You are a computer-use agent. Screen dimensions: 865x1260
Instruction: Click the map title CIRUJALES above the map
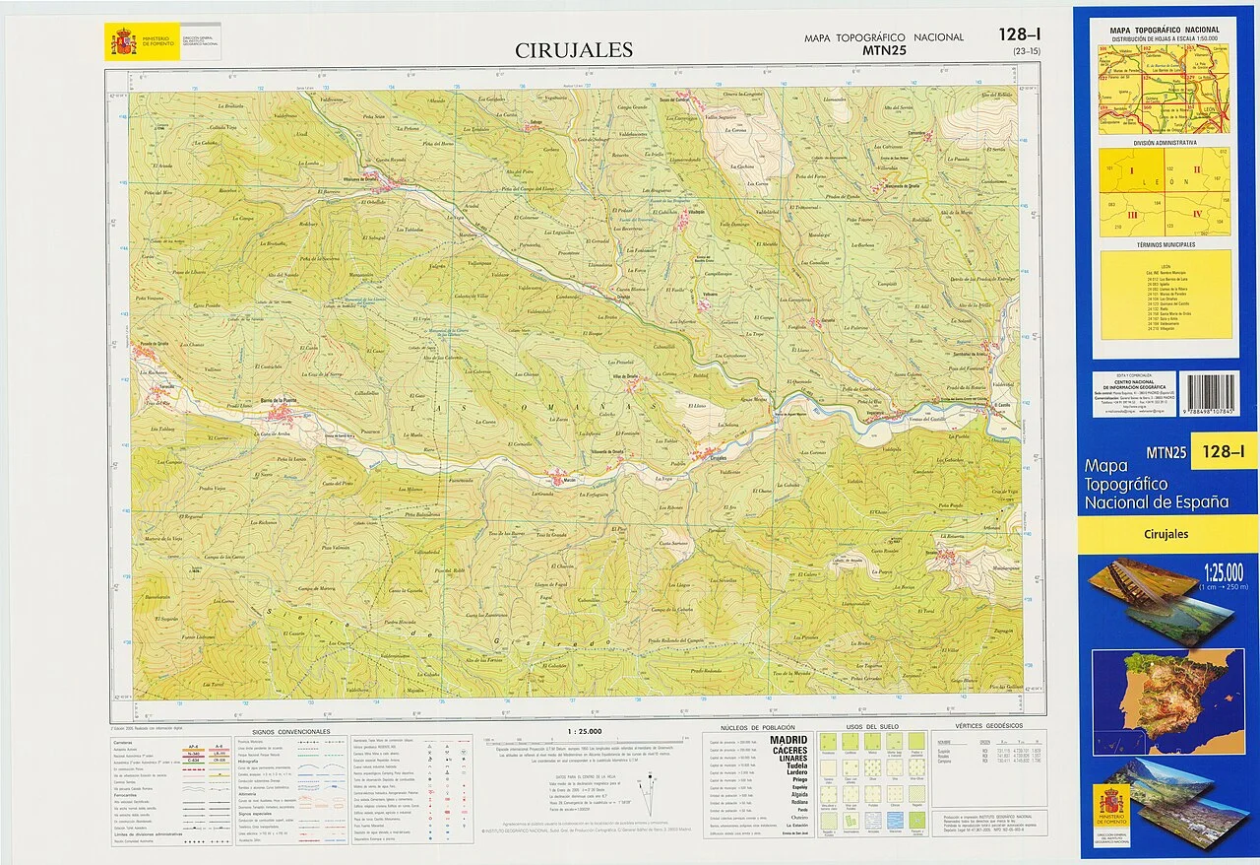[x=574, y=50]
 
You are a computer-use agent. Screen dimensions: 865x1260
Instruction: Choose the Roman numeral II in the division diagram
[x=1197, y=169]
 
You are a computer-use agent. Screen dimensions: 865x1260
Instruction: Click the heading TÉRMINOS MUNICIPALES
[x=1165, y=244]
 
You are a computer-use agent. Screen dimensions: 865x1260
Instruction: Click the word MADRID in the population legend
[x=787, y=739]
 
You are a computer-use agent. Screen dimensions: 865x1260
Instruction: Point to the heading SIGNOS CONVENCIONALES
[x=291, y=732]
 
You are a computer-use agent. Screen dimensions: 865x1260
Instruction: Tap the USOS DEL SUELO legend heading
[x=867, y=727]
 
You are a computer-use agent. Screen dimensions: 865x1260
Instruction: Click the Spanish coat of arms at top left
[x=123, y=42]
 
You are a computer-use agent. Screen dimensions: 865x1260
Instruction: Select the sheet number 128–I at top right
[x=1019, y=33]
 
